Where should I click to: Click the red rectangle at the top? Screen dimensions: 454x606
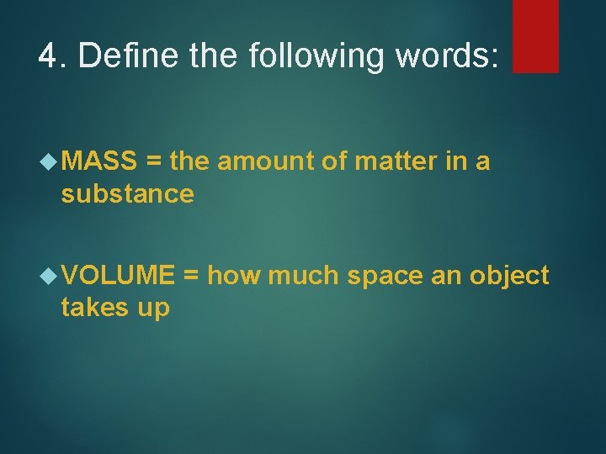click(535, 35)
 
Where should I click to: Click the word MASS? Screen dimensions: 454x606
click(99, 160)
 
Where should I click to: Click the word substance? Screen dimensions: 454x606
click(127, 193)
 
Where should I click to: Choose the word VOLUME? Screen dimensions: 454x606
click(118, 274)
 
